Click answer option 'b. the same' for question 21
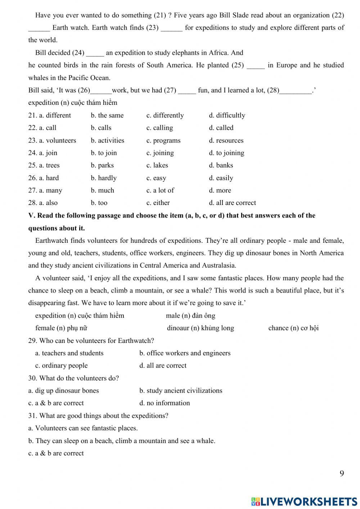tap(107, 115)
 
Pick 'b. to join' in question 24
tap(104, 153)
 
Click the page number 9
tap(342, 473)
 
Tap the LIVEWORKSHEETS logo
tap(304, 501)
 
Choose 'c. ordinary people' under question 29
tap(61, 366)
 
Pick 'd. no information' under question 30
tap(165, 403)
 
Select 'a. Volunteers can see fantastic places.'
tap(83, 428)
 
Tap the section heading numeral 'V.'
tap(32, 216)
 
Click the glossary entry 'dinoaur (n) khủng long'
tap(200, 328)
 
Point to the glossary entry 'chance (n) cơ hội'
tap(293, 328)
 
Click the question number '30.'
tap(33, 378)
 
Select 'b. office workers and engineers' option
tap(185, 353)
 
